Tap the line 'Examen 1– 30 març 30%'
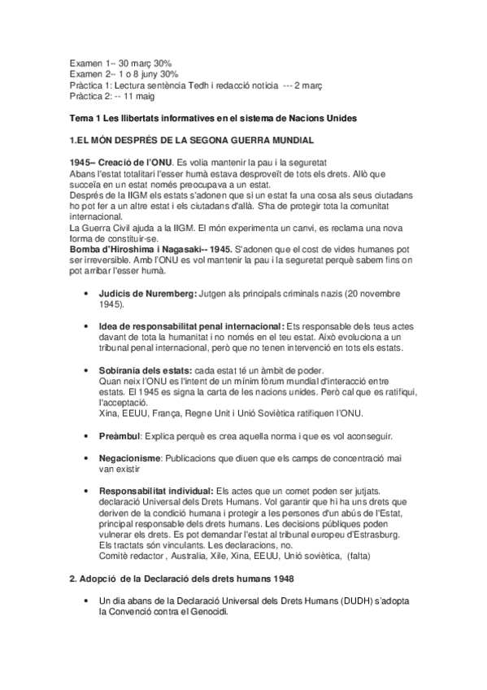120,63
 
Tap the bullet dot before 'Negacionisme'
87,460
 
